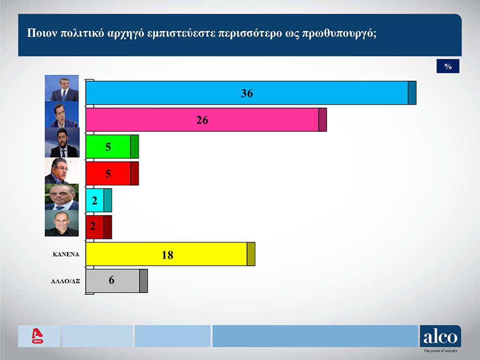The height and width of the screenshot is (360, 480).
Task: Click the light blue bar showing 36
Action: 251,93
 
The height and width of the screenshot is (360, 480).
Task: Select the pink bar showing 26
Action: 206,119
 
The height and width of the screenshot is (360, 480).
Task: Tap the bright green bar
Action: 112,147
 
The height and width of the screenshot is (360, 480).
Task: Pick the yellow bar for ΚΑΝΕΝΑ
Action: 170,254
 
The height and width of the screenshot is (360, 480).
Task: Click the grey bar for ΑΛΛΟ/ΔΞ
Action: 117,281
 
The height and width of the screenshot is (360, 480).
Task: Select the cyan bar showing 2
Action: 99,200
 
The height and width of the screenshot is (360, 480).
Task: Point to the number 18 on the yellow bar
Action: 168,255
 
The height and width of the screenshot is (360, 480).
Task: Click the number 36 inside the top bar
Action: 247,93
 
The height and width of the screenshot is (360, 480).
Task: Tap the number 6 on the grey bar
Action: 112,280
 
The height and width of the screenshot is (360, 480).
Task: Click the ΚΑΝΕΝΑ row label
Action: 66,254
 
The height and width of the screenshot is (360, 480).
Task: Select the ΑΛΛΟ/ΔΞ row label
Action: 65,281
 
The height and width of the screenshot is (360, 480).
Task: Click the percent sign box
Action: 448,66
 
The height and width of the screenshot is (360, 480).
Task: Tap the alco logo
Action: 440,336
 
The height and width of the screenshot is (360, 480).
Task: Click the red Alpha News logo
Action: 38,336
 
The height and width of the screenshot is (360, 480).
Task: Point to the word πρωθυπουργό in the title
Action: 339,33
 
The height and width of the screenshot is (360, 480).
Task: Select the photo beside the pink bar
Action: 62,114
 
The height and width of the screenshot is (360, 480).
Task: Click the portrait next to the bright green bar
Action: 62,142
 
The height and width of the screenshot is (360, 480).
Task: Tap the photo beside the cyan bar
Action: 62,197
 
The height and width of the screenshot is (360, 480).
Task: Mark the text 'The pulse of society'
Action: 440,351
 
